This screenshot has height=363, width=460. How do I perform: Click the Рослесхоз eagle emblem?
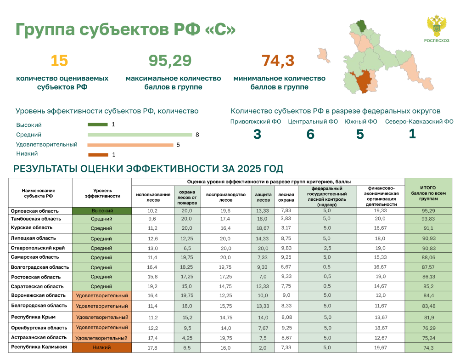437,26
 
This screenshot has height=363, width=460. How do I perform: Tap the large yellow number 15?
59,61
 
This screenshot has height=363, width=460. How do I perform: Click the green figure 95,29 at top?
170,61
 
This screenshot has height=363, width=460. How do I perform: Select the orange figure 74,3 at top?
278,61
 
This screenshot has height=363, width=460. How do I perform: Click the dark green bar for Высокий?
98,125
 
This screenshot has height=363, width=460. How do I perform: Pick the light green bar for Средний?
140,135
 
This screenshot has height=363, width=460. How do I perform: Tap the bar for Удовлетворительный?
130,145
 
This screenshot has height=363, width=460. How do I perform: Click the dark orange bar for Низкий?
98,155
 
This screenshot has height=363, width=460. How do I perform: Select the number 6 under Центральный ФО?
310,134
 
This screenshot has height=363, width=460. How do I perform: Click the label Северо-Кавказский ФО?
419,122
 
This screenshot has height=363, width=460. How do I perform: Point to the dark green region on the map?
361,26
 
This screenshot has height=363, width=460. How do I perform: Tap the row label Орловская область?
34,211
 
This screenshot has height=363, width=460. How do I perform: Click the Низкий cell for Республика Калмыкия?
102,347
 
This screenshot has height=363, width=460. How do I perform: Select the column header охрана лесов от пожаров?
187,198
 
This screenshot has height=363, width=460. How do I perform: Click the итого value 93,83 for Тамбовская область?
428,219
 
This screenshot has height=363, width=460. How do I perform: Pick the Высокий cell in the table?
102,211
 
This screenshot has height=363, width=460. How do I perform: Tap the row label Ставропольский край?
38,248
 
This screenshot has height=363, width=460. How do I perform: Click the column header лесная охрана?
286,198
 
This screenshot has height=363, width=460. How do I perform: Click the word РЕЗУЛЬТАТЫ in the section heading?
45,169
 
